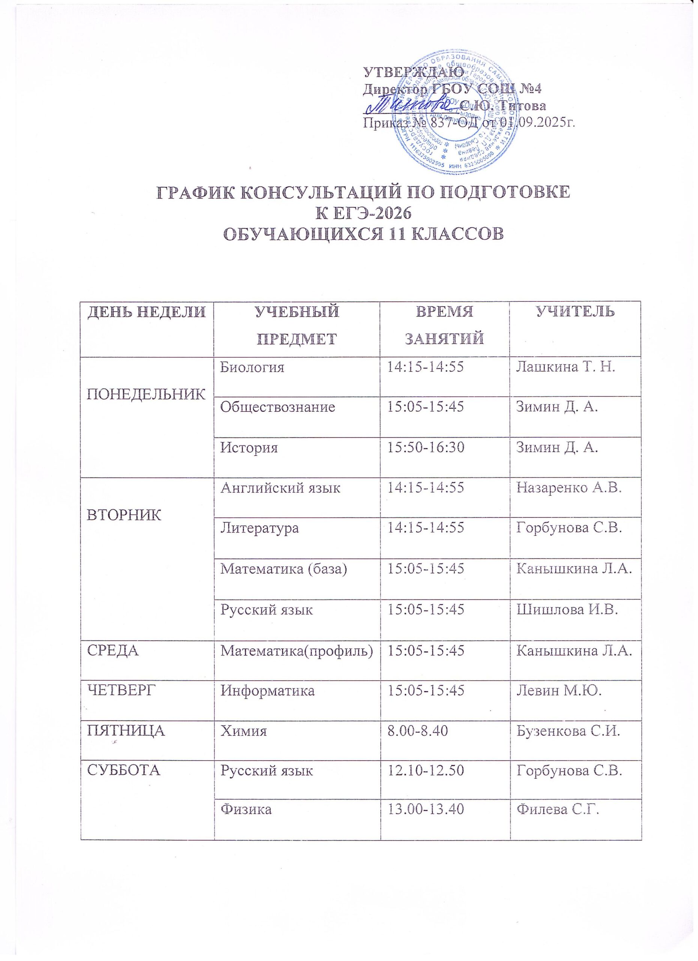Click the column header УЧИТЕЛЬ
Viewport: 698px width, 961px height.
(x=575, y=312)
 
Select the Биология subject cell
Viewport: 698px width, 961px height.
(x=252, y=367)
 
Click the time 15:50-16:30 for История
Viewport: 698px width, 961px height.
(x=425, y=447)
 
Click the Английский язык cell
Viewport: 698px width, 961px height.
(x=280, y=488)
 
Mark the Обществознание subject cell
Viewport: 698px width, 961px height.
(x=277, y=407)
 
